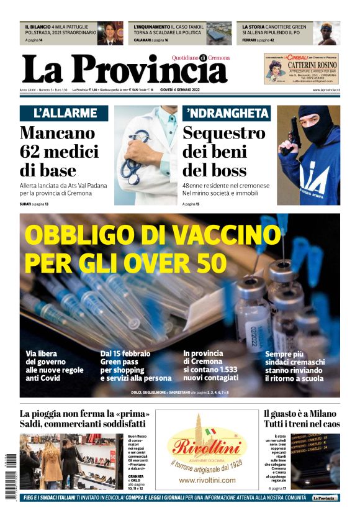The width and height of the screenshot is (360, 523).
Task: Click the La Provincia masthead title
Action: [x=124, y=69]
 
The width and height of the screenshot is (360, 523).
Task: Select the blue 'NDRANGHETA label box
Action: [x=228, y=113]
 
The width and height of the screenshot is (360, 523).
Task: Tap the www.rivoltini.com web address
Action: [x=207, y=480]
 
